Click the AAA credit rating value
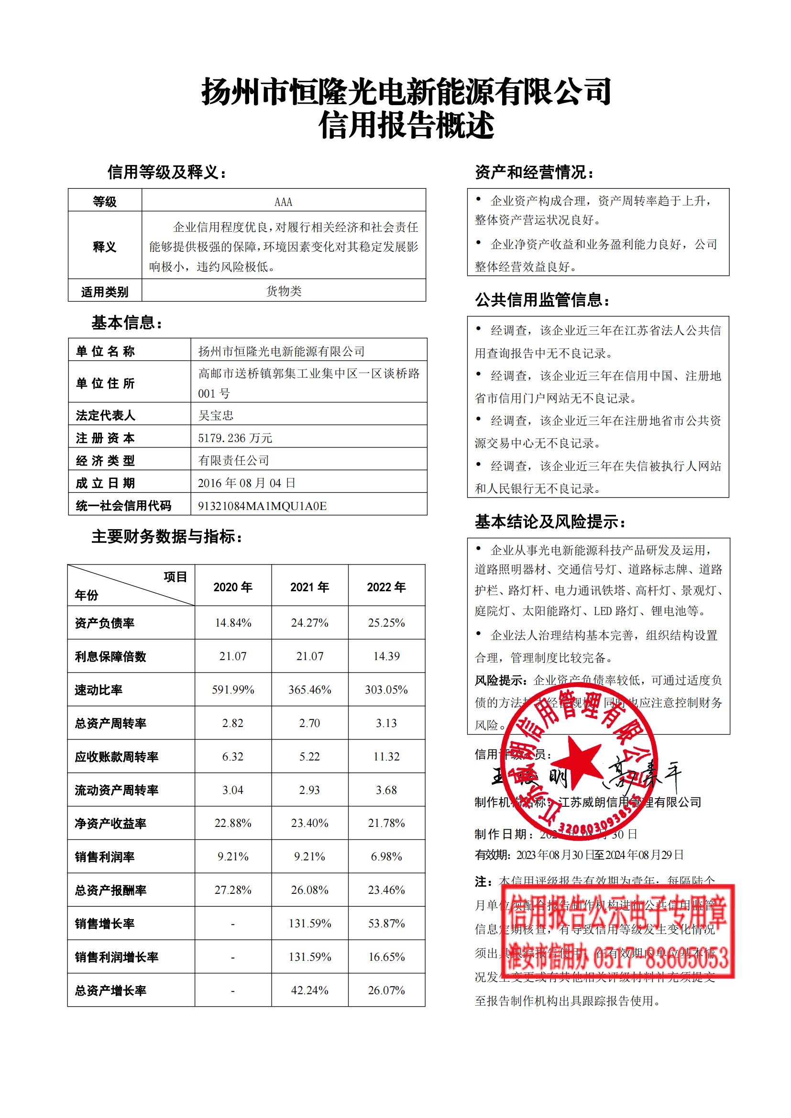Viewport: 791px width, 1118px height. pyautogui.click(x=284, y=202)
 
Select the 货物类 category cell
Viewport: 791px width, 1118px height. pyautogui.click(x=284, y=291)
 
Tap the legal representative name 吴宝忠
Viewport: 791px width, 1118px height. pyautogui.click(x=216, y=415)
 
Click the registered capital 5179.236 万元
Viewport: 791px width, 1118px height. pyautogui.click(x=235, y=438)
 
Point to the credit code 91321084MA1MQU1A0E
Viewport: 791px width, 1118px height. pyautogui.click(x=262, y=506)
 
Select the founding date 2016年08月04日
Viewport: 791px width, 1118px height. pyautogui.click(x=246, y=483)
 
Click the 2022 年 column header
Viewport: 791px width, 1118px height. pyautogui.click(x=386, y=587)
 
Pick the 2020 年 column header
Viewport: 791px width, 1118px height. pyautogui.click(x=233, y=587)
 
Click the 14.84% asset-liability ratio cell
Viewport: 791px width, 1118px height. pyautogui.click(x=233, y=623)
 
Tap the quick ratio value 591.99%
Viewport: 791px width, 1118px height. pyautogui.click(x=233, y=690)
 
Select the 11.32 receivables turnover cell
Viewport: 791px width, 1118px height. pyautogui.click(x=386, y=757)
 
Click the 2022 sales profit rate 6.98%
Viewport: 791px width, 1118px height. pyautogui.click(x=386, y=857)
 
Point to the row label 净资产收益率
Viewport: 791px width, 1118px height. pyautogui.click(x=110, y=824)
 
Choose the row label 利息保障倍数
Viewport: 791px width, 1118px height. pyautogui.click(x=110, y=656)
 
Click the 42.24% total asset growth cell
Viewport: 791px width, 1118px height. pyautogui.click(x=310, y=990)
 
